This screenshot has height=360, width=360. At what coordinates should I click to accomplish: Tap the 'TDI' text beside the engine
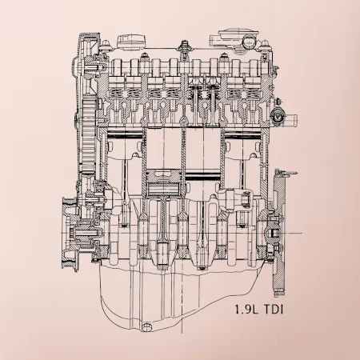click(274, 310)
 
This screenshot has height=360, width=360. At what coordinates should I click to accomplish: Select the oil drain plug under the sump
click(146, 327)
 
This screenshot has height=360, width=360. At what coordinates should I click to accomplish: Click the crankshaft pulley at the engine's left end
click(70, 234)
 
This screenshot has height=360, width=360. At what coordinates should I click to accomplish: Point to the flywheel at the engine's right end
click(278, 234)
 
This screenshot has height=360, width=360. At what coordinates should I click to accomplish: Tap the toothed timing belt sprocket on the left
click(89, 136)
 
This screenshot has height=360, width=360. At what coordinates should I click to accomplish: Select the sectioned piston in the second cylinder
click(164, 182)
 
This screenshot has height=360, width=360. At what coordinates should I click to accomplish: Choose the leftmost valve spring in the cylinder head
click(116, 93)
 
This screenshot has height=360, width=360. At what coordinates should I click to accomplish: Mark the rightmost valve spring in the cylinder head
click(252, 93)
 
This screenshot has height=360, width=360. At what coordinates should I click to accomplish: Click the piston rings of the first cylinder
click(125, 134)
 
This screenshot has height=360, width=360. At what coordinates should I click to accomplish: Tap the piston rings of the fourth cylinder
click(242, 134)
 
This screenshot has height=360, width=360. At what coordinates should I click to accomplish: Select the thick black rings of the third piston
click(203, 177)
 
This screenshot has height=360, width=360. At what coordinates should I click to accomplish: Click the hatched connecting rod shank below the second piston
click(162, 218)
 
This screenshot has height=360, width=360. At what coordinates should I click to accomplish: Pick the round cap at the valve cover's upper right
click(249, 42)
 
